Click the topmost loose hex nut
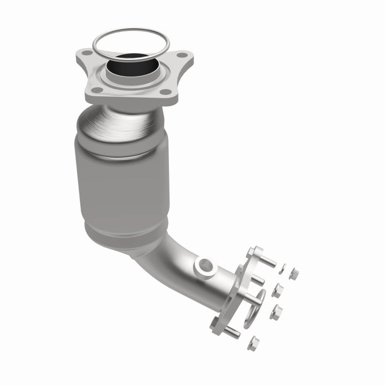[293, 274]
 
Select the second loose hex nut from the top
[278, 291]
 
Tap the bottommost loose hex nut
[254, 343]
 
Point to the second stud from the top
[257, 279]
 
